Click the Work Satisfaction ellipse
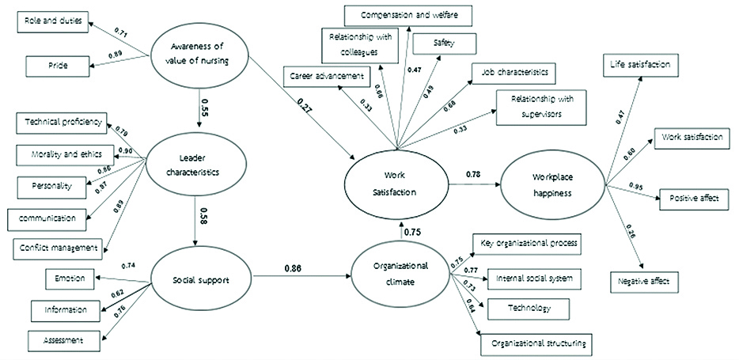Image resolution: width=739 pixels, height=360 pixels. [396, 188]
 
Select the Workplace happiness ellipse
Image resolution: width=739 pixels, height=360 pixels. [551, 187]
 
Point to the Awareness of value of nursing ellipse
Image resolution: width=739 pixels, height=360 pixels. [198, 56]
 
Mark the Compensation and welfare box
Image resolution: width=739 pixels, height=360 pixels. [409, 14]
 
